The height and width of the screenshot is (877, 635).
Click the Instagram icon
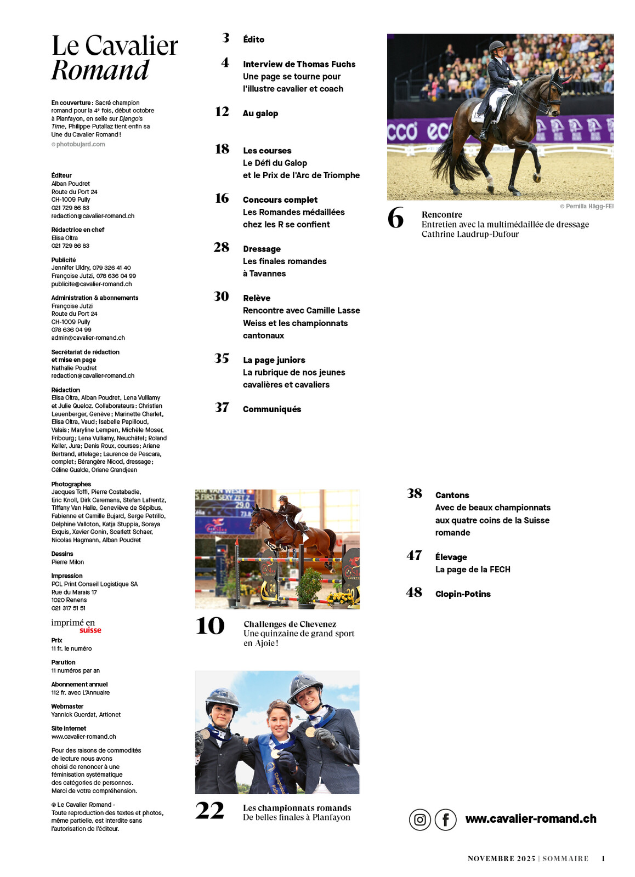pyautogui.click(x=419, y=819)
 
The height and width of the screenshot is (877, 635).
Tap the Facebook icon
pyautogui.click(x=445, y=819)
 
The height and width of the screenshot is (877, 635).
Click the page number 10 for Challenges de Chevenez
pyautogui.click(x=210, y=626)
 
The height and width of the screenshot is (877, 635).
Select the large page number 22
pyautogui.click(x=209, y=811)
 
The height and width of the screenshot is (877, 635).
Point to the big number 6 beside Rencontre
pyautogui.click(x=395, y=218)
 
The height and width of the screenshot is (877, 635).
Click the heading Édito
pyautogui.click(x=253, y=39)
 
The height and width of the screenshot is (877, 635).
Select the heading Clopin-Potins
pyautogui.click(x=462, y=594)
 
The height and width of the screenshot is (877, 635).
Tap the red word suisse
pyautogui.click(x=90, y=630)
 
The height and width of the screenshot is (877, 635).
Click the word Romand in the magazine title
pyautogui.click(x=100, y=70)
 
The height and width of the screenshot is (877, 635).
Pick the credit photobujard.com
pyautogui.click(x=80, y=145)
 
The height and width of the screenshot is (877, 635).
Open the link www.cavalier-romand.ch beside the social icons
pyautogui.click(x=530, y=819)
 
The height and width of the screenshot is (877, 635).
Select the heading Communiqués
pyautogui.click(x=271, y=409)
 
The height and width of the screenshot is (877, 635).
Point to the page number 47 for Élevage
pyautogui.click(x=414, y=556)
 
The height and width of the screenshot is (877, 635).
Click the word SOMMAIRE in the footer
pyautogui.click(x=565, y=858)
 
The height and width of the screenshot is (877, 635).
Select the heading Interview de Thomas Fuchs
pyautogui.click(x=299, y=64)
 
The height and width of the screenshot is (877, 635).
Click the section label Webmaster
pyautogui.click(x=67, y=707)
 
